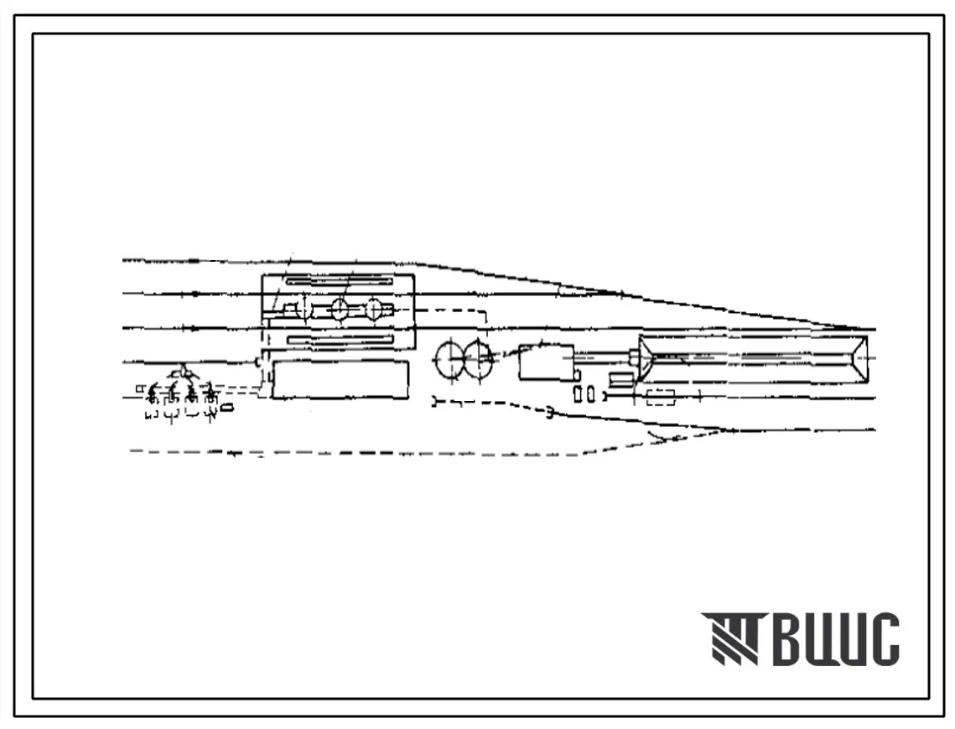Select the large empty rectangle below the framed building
(x=340, y=380)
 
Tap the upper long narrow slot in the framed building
(x=339, y=281)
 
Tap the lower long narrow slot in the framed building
(x=340, y=340)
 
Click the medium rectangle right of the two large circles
(x=547, y=362)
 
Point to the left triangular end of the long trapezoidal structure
(x=646, y=360)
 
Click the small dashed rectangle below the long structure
(x=660, y=398)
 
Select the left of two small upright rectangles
(x=578, y=394)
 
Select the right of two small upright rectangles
(x=591, y=394)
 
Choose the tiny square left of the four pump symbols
(x=139, y=388)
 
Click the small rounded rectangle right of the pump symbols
(x=226, y=407)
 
